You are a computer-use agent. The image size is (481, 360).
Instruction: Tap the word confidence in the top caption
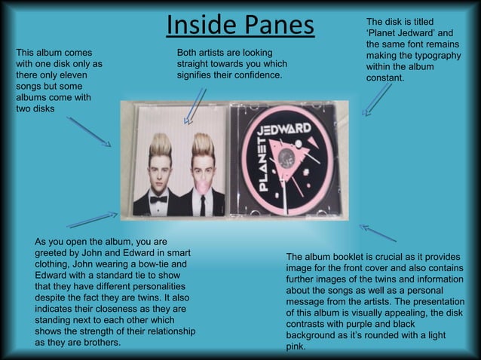[x=255, y=76]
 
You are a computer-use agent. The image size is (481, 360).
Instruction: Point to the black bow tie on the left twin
[x=158, y=200]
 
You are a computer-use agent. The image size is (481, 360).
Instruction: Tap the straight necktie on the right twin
[x=202, y=204]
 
